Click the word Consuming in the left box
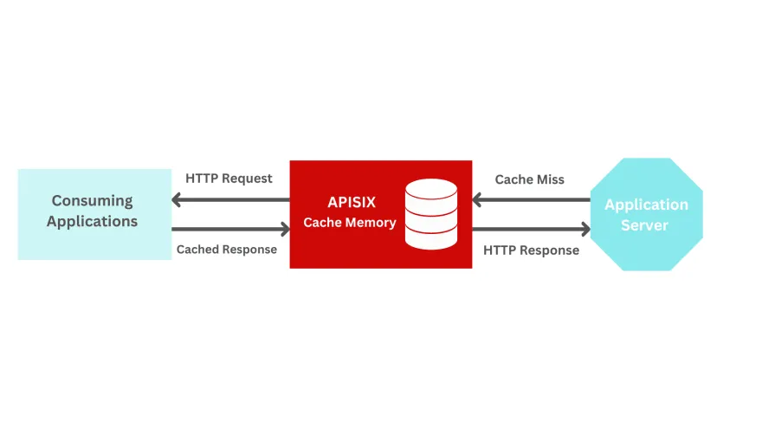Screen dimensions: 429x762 coord(92,201)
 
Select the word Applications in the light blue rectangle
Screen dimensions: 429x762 coord(92,222)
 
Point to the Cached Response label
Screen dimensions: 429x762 coord(227,250)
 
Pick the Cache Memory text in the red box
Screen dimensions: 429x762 coord(349,223)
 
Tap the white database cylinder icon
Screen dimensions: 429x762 coord(430,214)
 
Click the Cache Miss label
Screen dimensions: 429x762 coord(529,179)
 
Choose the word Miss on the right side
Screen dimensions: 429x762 coord(550,179)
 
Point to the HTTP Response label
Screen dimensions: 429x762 coord(531,250)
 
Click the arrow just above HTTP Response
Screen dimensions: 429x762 coord(530,230)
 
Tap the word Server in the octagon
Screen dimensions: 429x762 coord(646,225)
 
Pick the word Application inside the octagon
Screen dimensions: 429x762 coord(646,205)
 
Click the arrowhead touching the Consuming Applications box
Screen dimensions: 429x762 coord(178,201)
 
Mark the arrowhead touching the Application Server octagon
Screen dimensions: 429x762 coord(584,230)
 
